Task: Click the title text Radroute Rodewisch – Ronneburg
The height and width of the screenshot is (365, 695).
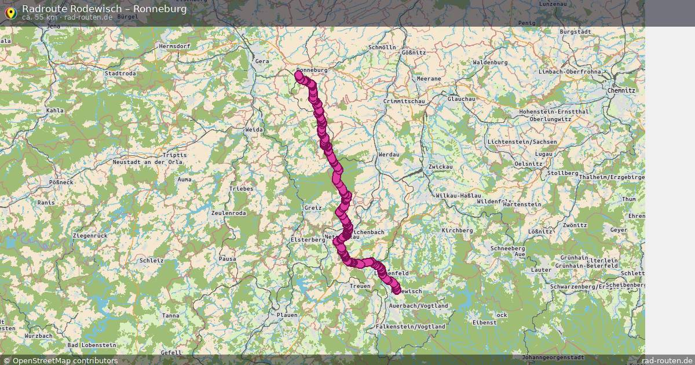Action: point(104,9)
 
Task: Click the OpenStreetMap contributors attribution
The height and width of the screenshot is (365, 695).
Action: point(60,360)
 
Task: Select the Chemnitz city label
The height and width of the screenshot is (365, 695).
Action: point(621,91)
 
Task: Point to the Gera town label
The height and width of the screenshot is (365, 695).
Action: point(262,61)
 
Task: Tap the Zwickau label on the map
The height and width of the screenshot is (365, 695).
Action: point(440,167)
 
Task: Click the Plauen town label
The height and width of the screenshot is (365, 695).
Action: point(287,315)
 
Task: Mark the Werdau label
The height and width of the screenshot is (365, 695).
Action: point(388,155)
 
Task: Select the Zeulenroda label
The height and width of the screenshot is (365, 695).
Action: point(229,213)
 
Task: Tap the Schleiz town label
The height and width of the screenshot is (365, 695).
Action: point(152,261)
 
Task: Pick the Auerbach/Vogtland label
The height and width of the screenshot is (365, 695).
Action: point(419,305)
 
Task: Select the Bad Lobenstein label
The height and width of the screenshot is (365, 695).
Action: point(88,345)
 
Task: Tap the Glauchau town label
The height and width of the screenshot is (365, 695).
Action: point(461,99)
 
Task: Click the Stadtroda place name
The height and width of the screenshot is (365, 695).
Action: point(120,74)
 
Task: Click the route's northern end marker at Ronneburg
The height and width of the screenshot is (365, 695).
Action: point(299,75)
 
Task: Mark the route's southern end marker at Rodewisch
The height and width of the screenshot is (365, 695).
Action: point(397,290)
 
